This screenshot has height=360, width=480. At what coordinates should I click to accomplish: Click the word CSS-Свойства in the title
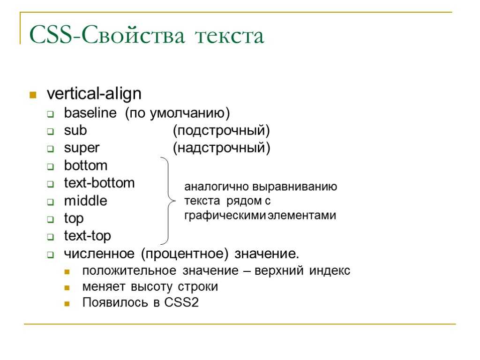click(x=107, y=35)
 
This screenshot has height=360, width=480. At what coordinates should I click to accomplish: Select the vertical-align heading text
click(x=94, y=94)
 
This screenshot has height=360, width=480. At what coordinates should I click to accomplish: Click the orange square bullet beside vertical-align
click(x=33, y=95)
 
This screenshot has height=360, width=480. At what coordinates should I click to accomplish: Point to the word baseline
click(x=90, y=113)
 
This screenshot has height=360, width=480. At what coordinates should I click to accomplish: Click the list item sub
click(x=75, y=130)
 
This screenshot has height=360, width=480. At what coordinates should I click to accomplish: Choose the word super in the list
click(x=82, y=148)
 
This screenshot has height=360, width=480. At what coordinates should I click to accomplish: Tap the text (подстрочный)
click(x=221, y=131)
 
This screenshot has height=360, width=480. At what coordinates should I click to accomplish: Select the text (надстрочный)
click(x=221, y=148)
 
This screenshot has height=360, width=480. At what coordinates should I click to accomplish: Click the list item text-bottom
click(x=99, y=183)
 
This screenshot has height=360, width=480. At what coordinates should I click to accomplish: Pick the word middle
click(x=86, y=201)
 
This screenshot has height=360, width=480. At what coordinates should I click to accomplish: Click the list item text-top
click(x=87, y=236)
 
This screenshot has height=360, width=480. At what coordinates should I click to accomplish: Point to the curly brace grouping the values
click(x=169, y=201)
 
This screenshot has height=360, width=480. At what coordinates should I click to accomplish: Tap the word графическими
click(x=225, y=216)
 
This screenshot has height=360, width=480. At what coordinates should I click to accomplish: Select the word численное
click(x=99, y=254)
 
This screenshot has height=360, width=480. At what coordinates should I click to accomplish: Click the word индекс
click(x=330, y=270)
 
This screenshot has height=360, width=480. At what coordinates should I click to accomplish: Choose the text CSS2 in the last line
click(x=181, y=302)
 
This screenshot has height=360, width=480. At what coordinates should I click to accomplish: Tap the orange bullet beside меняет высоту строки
click(x=67, y=288)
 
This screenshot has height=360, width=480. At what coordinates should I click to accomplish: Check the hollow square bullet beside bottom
click(x=51, y=167)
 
